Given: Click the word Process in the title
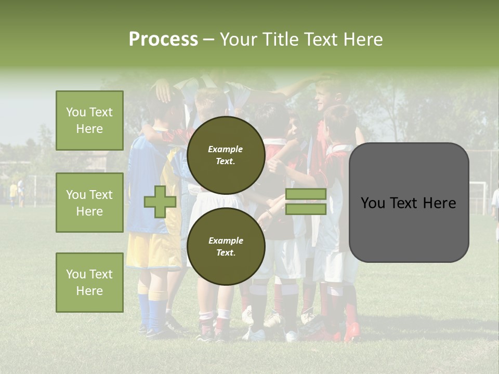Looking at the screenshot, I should pyautogui.click(x=163, y=39).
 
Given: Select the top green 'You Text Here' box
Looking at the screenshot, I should pyautogui.click(x=89, y=121).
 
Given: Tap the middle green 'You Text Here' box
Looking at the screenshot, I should pyautogui.click(x=89, y=203).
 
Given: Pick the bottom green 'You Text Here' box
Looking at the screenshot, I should pyautogui.click(x=89, y=283).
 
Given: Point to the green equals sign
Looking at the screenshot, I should pyautogui.click(x=306, y=202).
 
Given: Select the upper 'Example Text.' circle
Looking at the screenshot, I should pyautogui.click(x=226, y=155).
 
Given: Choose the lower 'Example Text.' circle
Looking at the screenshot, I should pyautogui.click(x=226, y=247).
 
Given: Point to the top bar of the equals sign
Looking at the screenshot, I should pyautogui.click(x=306, y=194).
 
